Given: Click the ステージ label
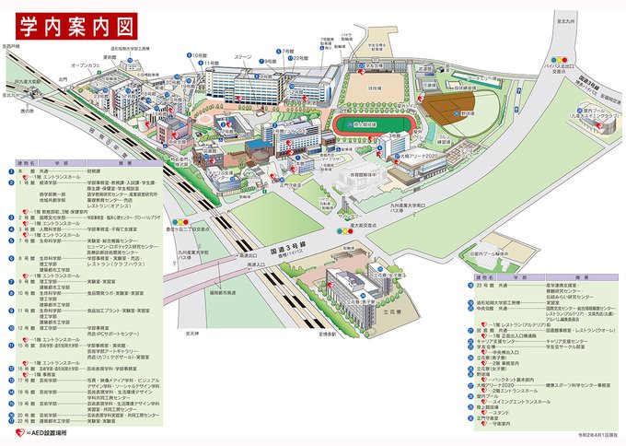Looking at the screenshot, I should pyautogui.click(x=242, y=56).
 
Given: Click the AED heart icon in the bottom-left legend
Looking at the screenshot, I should pyautogui.click(x=18, y=429).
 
